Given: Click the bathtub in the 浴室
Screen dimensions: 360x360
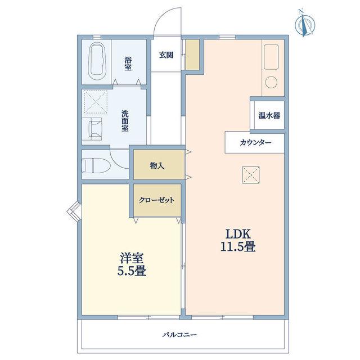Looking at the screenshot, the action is (97, 61).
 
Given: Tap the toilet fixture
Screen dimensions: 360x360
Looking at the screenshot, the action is (96, 165).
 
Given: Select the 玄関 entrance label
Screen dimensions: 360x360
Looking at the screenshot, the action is (166, 55).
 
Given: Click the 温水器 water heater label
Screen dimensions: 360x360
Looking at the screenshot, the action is (269, 115).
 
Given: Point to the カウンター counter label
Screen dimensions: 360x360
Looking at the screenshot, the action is (255, 143).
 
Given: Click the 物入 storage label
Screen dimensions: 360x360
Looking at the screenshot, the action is (157, 165).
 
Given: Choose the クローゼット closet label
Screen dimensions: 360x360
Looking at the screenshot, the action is (156, 200).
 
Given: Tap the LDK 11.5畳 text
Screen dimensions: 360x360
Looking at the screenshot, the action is (238, 241).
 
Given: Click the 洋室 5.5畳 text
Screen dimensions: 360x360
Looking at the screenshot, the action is (132, 264).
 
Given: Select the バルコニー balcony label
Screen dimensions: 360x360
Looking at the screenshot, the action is (180, 335).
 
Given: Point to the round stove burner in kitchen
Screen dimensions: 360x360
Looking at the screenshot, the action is (271, 83).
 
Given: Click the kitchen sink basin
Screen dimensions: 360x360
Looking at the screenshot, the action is (271, 57).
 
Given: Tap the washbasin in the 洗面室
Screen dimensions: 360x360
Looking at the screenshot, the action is (96, 129).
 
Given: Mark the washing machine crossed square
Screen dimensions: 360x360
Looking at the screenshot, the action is (95, 102).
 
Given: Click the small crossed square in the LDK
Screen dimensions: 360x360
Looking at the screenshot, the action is (251, 175).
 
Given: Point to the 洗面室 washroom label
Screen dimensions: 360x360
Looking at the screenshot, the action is (125, 121).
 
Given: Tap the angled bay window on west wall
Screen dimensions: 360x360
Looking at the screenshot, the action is (74, 211).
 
